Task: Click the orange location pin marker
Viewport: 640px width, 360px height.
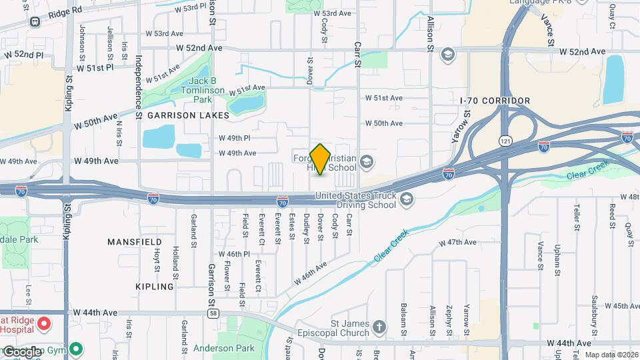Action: [x=320, y=159]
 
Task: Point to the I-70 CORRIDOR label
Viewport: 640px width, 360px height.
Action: [x=495, y=101]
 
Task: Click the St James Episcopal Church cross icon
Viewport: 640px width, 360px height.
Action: [x=379, y=327]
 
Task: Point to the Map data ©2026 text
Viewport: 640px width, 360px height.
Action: [x=611, y=355]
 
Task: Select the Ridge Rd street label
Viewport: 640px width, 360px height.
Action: [x=65, y=11]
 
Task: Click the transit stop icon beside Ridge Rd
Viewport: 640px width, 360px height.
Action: [x=35, y=21]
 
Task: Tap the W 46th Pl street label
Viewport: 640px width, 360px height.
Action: [x=234, y=255]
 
